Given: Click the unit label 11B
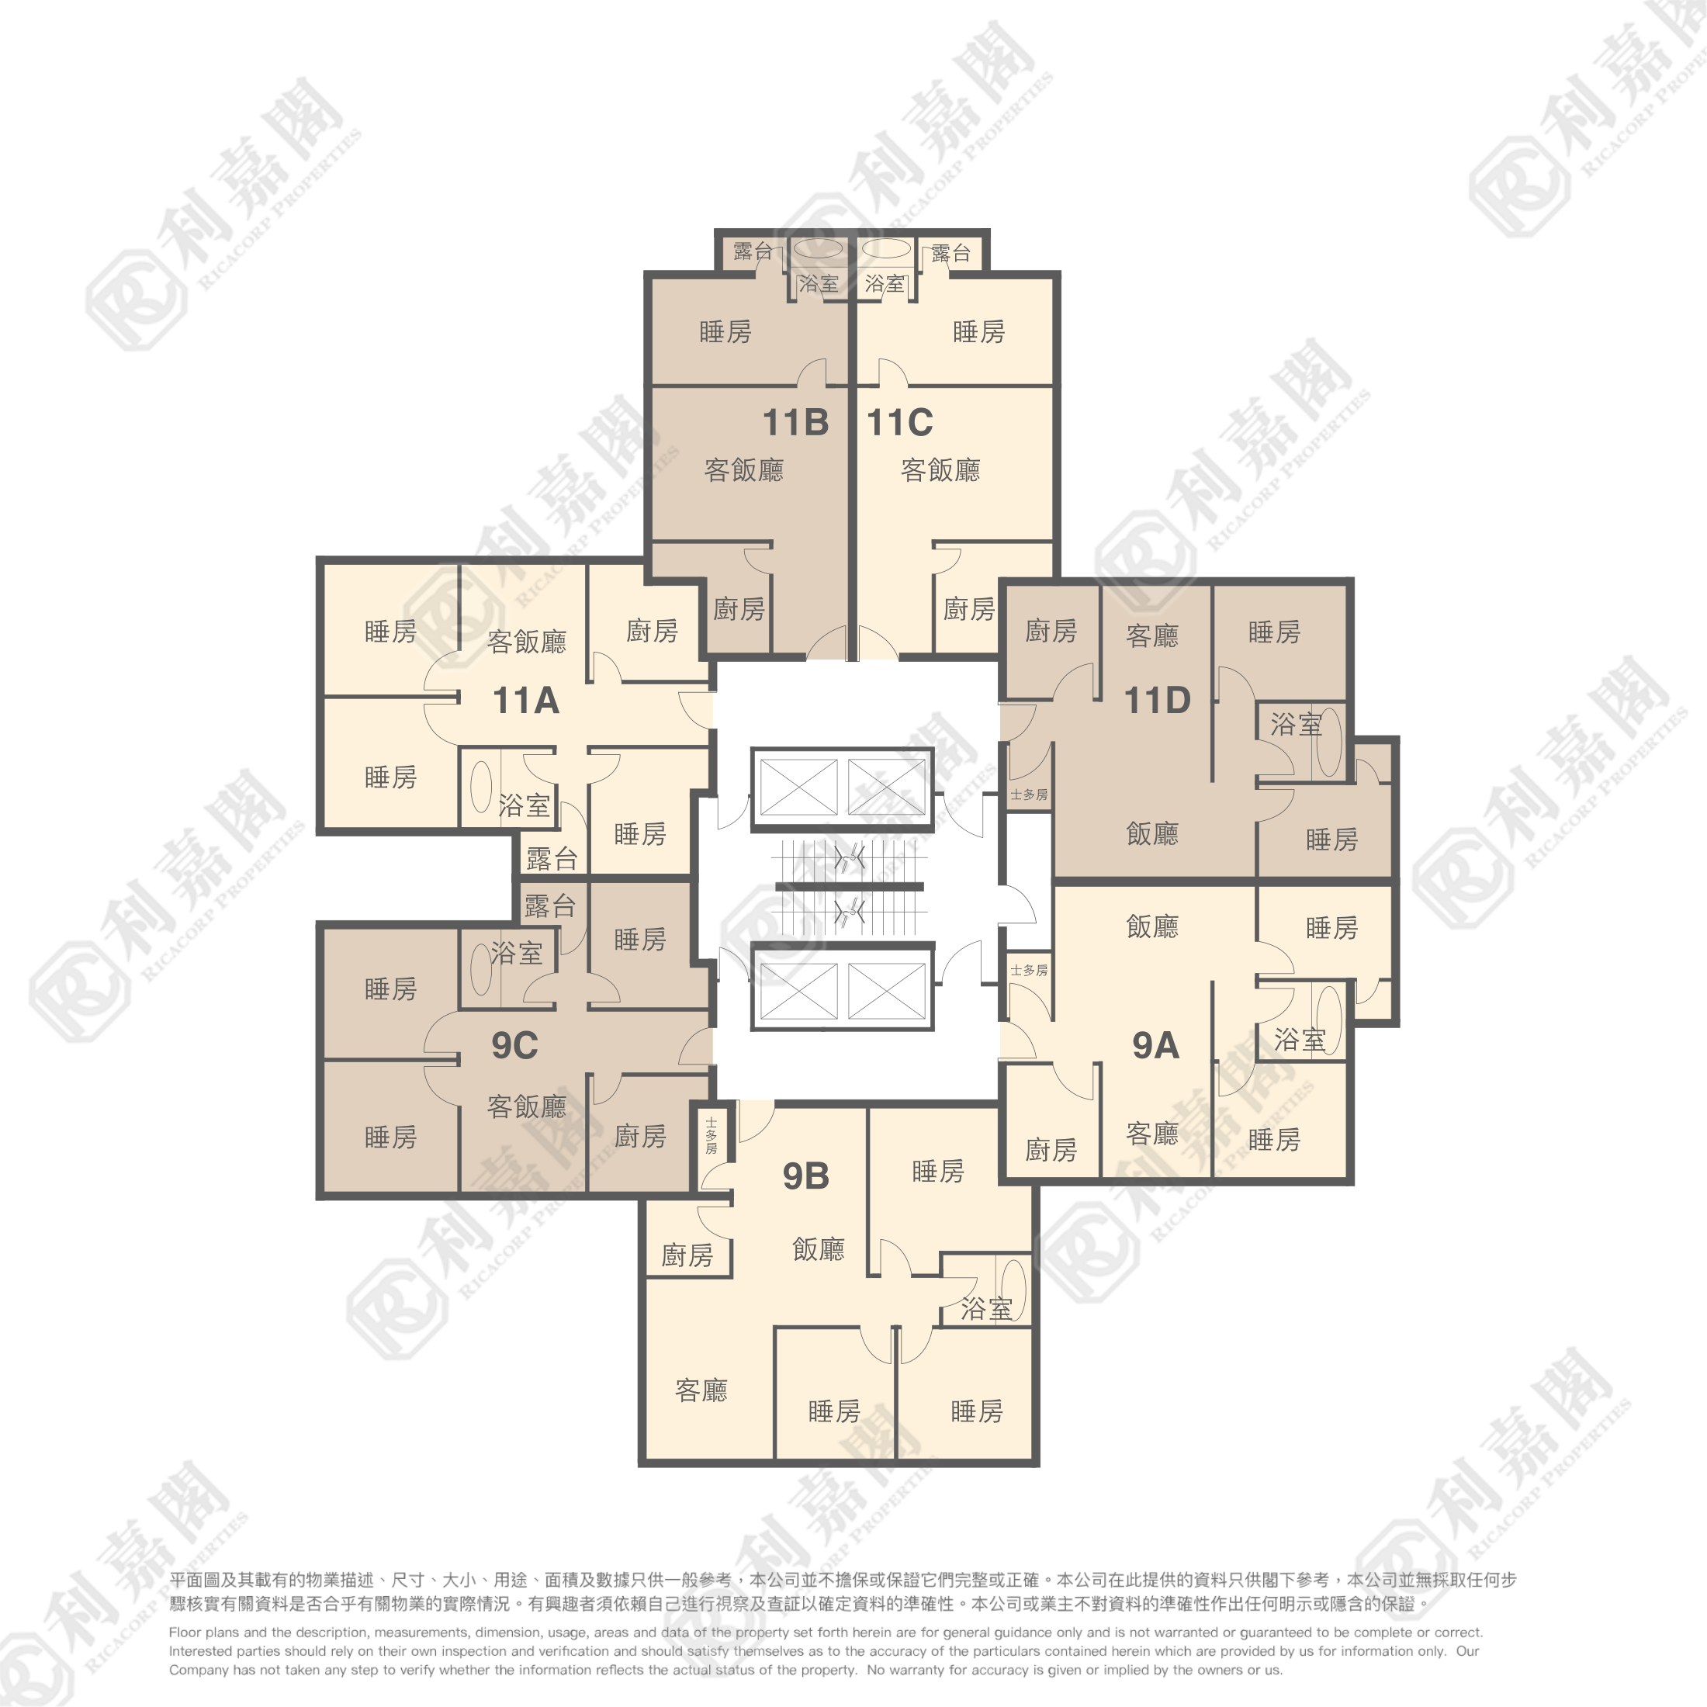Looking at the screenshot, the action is [796, 422].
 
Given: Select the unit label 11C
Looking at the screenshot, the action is [899, 422].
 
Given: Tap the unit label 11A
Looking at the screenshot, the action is [526, 701].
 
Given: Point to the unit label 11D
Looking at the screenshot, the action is [1158, 701].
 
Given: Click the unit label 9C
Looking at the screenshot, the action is [515, 1045].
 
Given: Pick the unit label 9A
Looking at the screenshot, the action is [1155, 1045].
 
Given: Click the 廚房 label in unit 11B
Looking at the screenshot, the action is [739, 609].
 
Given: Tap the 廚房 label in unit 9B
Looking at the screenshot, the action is [687, 1255].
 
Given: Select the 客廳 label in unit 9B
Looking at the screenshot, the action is [701, 1390].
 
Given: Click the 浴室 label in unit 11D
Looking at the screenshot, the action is [1296, 725].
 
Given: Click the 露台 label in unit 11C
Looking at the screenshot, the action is [951, 254].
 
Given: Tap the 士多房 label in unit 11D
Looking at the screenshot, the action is [1030, 795].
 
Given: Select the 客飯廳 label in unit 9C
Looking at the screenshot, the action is [527, 1107].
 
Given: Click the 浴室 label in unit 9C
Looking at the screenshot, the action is [517, 954].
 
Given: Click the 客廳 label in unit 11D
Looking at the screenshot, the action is [1152, 636].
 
